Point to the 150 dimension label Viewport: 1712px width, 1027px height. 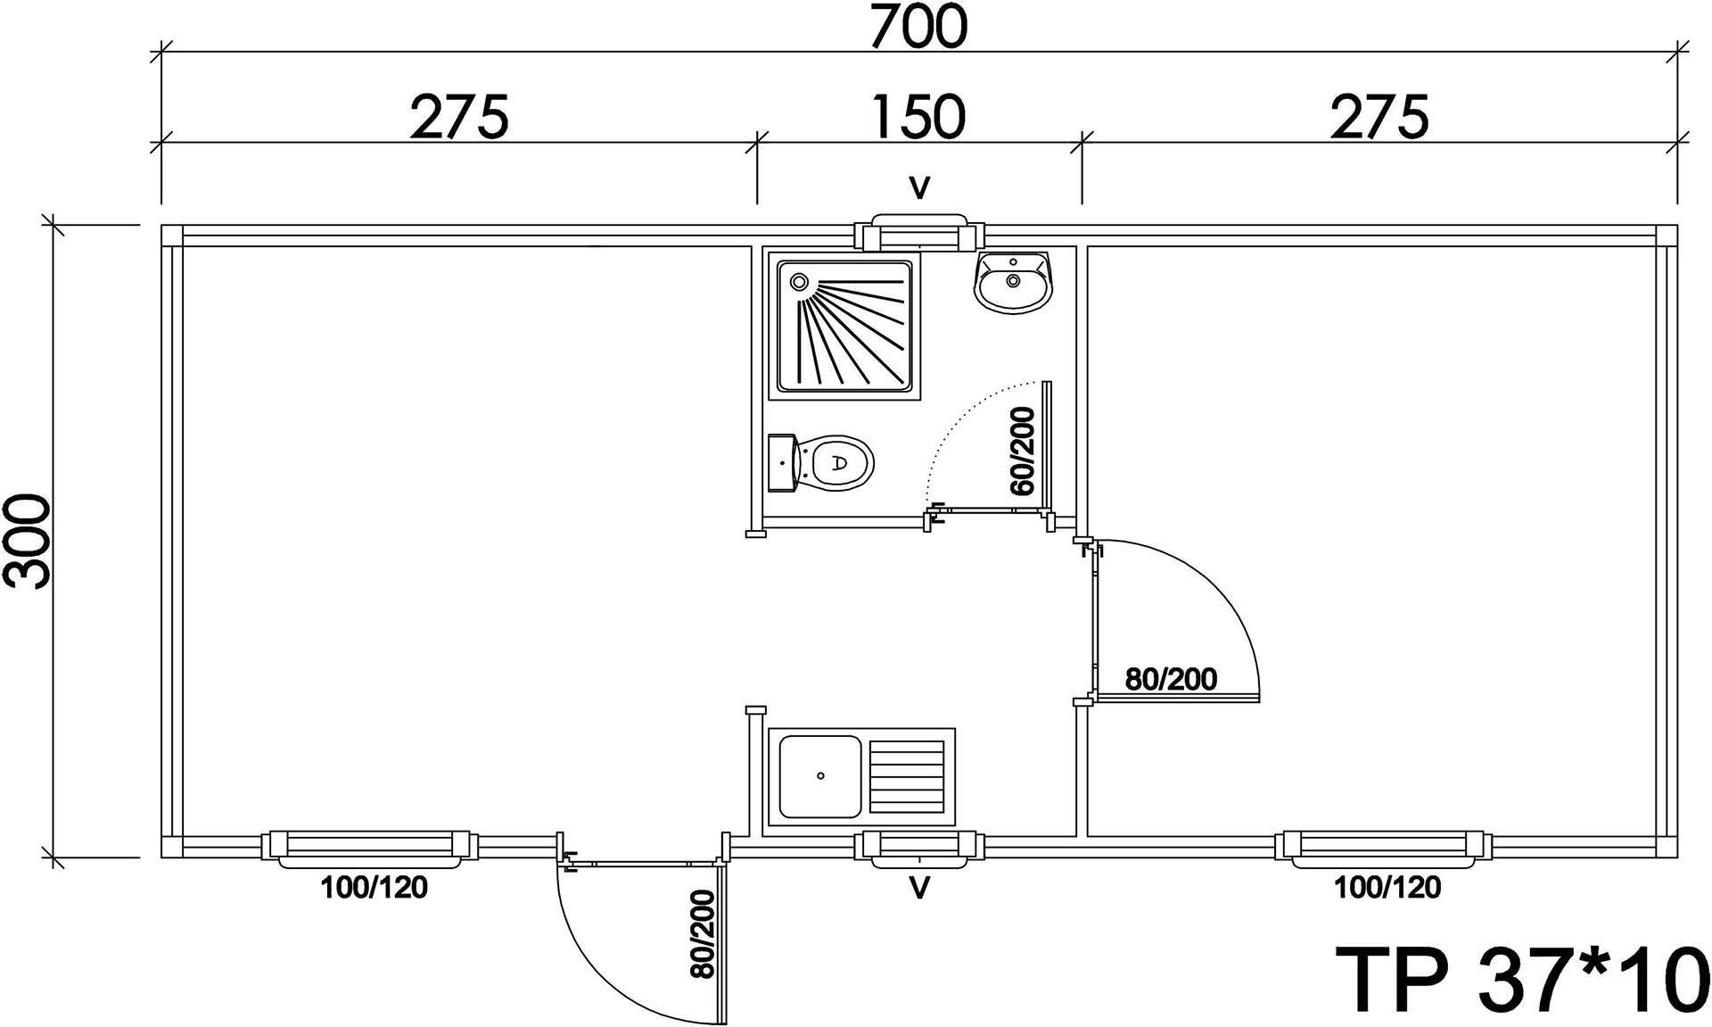pos(918,117)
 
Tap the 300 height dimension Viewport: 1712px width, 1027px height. pos(28,541)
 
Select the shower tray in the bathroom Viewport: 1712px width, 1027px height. pos(845,326)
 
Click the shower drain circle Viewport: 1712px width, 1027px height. pos(799,282)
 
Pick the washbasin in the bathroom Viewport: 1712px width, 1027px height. pos(1015,281)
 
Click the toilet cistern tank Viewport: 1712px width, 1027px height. pos(781,463)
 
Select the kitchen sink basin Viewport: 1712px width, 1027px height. pos(819,776)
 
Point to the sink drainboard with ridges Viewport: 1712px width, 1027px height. pos(907,776)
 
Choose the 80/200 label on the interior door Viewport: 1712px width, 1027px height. pos(1171,679)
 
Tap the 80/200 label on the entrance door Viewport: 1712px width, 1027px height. pos(703,934)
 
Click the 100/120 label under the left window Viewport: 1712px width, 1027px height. pos(374,887)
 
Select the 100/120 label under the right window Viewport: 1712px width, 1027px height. pos(1387,887)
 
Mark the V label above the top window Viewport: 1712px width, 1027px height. pos(919,187)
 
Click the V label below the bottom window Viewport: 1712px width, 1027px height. pos(919,888)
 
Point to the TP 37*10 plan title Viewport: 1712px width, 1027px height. pos(1521,980)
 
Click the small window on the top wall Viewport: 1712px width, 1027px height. pos(919,233)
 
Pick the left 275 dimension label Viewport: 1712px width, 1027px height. pos(459,117)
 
